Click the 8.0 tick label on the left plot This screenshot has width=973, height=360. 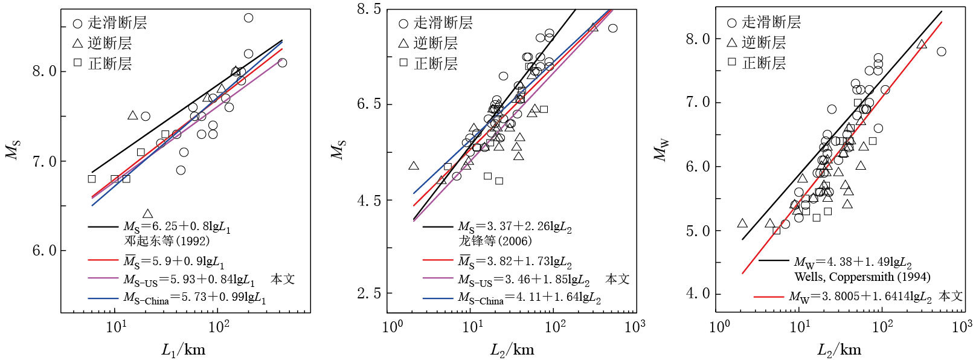coord(43,71)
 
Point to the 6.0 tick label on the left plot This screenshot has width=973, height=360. coord(43,251)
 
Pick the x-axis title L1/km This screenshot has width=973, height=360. coord(183,350)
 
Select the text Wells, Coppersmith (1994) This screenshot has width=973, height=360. coord(862,277)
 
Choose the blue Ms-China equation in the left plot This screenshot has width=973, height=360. coord(194,298)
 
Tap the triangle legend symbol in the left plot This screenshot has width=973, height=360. coord(77,43)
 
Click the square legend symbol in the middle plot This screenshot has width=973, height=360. coord(403,62)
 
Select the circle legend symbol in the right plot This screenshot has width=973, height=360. coord(731,23)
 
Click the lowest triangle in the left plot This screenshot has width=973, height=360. coord(148,213)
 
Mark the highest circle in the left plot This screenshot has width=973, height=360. coord(248,18)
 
